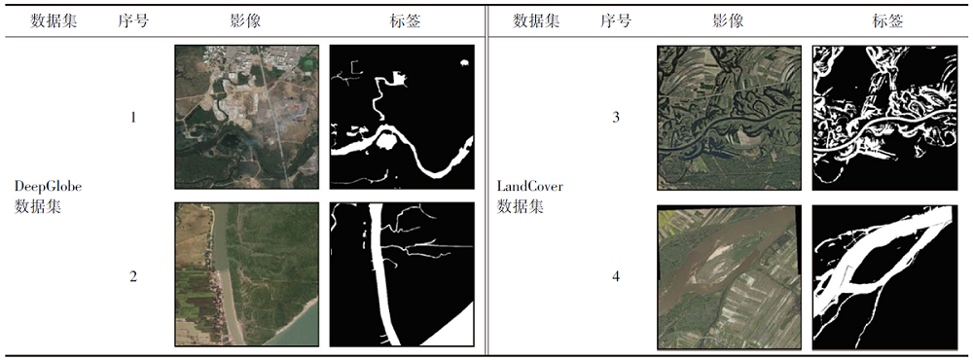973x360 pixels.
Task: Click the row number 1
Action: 133,117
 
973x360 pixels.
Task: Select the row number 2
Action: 133,277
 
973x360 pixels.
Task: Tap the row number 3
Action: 616,117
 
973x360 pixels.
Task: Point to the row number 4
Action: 616,277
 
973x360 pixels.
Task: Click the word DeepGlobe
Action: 48,186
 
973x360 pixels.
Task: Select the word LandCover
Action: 529,186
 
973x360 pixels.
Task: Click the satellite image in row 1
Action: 247,117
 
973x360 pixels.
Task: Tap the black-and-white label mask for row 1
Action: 402,117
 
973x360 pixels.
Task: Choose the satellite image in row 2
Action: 247,274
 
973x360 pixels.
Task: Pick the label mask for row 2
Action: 402,274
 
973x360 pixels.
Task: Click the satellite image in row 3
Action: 729,118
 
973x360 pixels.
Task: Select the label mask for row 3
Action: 884,118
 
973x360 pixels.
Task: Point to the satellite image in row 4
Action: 729,277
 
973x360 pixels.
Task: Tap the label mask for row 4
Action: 884,277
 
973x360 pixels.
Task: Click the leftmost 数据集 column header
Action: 54,21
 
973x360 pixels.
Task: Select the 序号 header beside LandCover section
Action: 616,21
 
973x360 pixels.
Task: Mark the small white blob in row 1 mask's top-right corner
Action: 463,62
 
